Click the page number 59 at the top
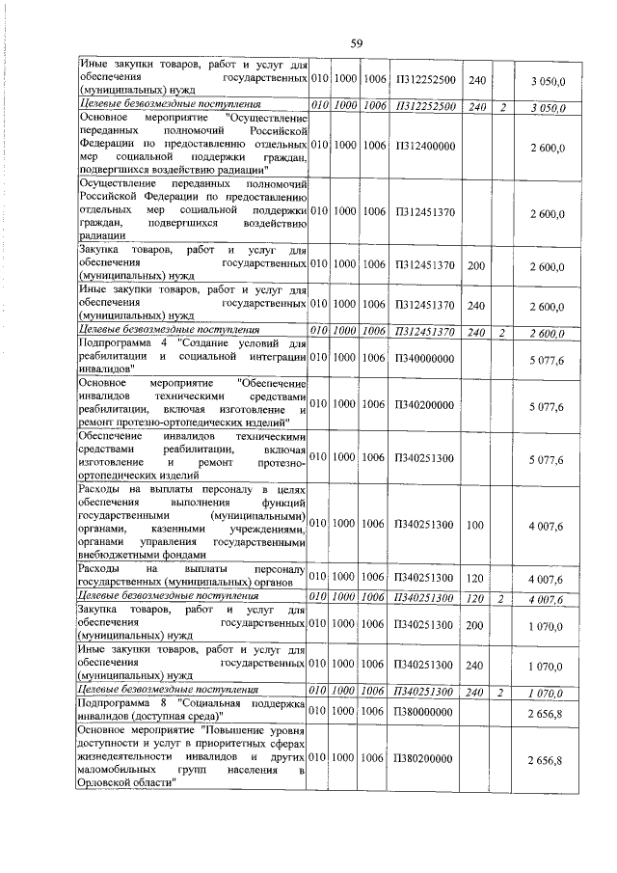click(356, 42)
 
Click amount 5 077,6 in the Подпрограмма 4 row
click(546, 357)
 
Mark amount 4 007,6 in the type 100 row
click(546, 526)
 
